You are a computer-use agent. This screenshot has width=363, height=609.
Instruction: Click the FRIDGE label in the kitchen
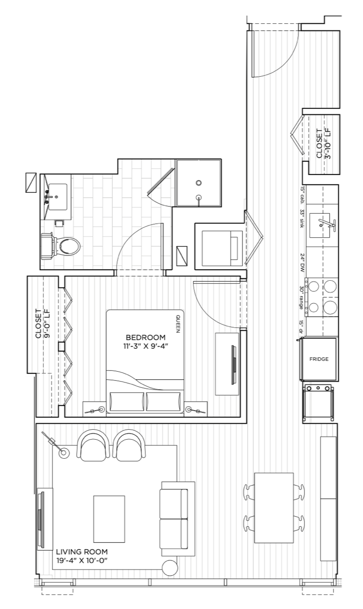tap(319, 359)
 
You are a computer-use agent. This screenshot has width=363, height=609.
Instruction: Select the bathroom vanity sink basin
tap(58, 197)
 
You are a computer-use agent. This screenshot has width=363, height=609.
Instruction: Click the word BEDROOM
tap(146, 337)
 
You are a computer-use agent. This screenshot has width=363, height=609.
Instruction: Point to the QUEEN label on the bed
tap(178, 324)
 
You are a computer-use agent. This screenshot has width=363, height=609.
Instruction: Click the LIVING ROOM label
tap(82, 551)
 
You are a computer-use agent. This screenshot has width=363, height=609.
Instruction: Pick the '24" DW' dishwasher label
tap(302, 263)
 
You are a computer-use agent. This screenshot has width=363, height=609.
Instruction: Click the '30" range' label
tap(302, 297)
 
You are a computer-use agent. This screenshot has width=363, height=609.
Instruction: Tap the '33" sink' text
tap(302, 218)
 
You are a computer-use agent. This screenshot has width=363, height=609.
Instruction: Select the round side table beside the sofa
tap(170, 568)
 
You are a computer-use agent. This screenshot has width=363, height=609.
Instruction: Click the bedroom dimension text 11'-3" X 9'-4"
tap(146, 346)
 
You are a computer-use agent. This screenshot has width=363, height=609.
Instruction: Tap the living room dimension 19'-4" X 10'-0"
tap(82, 560)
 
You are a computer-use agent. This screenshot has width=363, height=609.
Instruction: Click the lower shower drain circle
tap(199, 197)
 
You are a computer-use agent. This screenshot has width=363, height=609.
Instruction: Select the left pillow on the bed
tap(127, 402)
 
